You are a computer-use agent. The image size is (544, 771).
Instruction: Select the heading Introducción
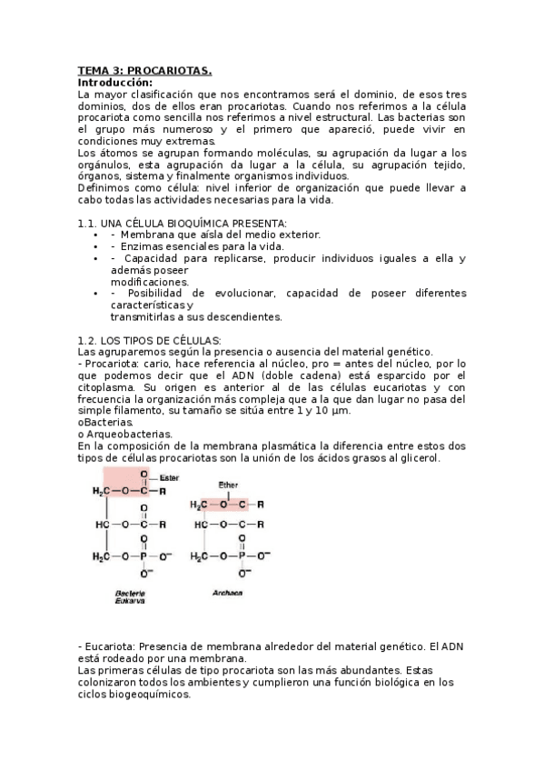click(x=115, y=82)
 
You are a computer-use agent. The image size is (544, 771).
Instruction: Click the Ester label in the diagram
click(x=170, y=477)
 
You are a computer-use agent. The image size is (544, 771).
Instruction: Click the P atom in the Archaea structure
click(x=242, y=555)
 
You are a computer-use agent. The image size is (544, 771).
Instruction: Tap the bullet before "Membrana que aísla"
click(x=95, y=235)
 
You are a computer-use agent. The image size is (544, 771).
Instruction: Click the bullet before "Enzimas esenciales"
click(x=95, y=246)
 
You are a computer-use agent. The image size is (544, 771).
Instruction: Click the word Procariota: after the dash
click(x=114, y=364)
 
